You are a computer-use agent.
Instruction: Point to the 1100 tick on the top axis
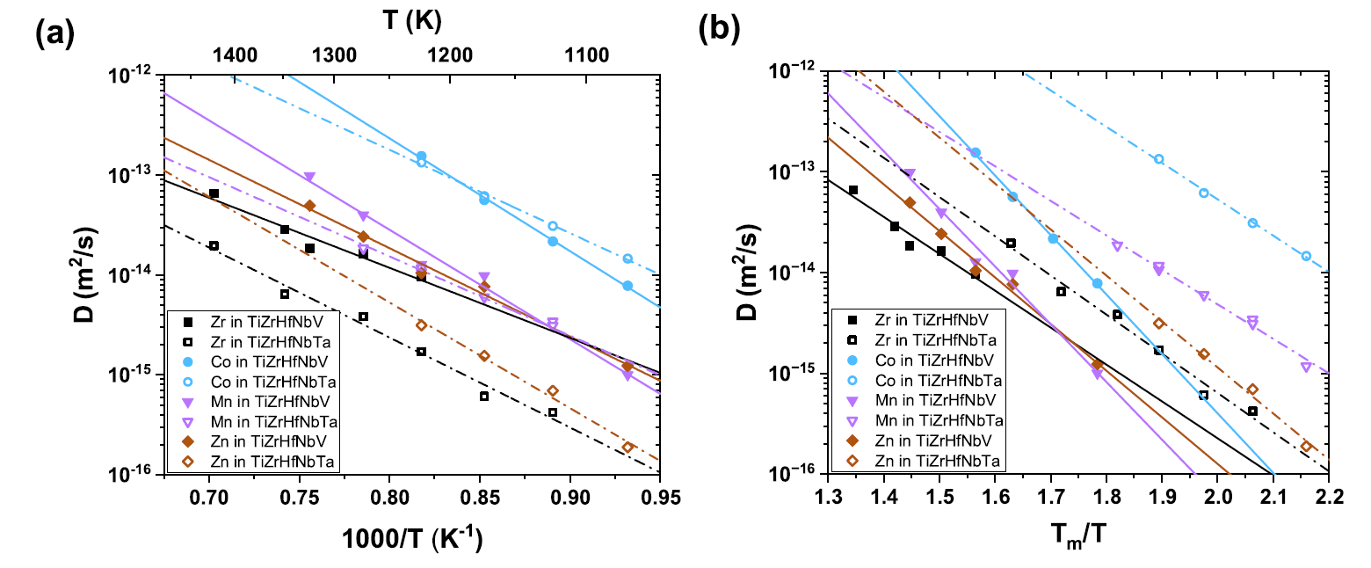coord(586,55)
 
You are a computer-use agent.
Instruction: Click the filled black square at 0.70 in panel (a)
coord(214,193)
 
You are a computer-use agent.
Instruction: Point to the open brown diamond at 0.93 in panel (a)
coord(627,447)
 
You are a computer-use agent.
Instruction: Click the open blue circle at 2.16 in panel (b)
coord(1306,256)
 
